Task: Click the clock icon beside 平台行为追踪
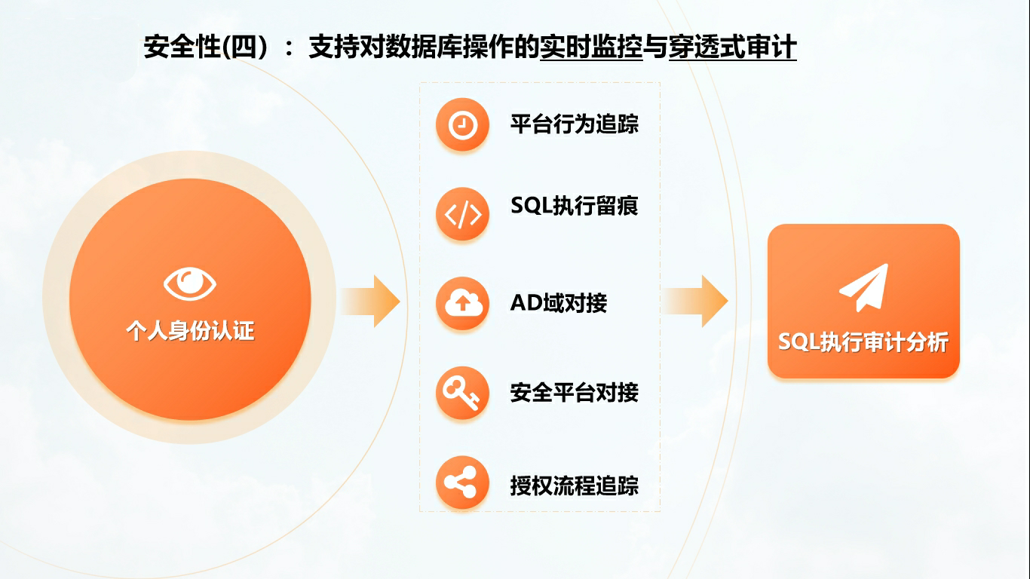(x=462, y=124)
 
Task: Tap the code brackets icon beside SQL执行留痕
(x=462, y=214)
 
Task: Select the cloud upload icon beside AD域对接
(x=462, y=303)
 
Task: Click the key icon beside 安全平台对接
(x=462, y=393)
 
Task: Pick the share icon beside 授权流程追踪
(x=462, y=482)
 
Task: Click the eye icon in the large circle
(x=190, y=283)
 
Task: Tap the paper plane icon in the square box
(x=864, y=288)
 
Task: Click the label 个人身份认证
(x=190, y=331)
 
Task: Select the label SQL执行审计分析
(x=863, y=342)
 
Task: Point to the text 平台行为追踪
(x=575, y=124)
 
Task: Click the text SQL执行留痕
(x=575, y=206)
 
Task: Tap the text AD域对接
(x=559, y=302)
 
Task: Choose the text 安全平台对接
(x=575, y=393)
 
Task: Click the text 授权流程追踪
(x=575, y=486)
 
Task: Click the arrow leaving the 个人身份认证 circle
(x=370, y=302)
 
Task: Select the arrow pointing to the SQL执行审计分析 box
(x=694, y=302)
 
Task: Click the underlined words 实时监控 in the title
(x=591, y=47)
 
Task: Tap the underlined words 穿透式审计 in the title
(x=732, y=47)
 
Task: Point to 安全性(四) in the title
(x=206, y=47)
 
